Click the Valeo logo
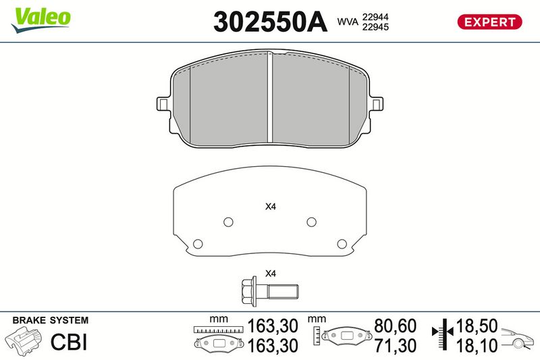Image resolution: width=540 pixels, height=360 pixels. [x=41, y=20]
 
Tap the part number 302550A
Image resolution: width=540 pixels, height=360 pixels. [x=270, y=22]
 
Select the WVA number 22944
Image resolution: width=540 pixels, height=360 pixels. [x=375, y=17]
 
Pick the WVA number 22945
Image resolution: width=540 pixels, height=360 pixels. [x=375, y=27]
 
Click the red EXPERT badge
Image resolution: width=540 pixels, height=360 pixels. [x=489, y=22]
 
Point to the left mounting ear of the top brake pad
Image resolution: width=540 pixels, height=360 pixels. [x=163, y=104]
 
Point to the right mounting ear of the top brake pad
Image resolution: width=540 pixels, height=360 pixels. [x=377, y=104]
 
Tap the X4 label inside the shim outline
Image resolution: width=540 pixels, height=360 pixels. [x=271, y=207]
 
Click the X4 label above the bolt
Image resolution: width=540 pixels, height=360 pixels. [x=271, y=274]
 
